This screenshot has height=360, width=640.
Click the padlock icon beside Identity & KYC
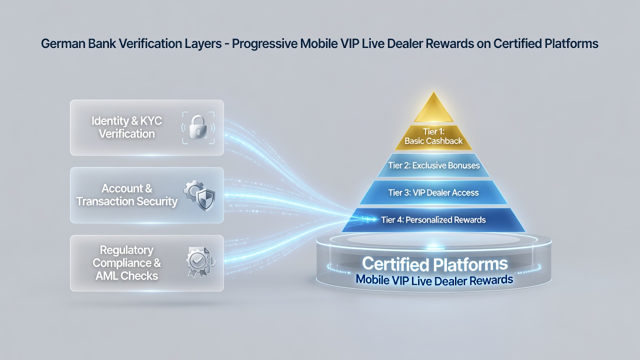tap(198, 127)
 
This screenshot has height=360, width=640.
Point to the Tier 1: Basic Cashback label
tap(433, 136)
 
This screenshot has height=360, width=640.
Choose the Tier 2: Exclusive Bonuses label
tap(433, 165)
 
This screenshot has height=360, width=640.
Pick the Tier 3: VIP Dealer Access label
tap(433, 192)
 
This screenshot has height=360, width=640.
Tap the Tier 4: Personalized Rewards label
tap(433, 219)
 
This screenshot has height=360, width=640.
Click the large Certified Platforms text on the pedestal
tap(435, 264)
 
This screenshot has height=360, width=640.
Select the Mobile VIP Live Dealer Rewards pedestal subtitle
tap(434, 280)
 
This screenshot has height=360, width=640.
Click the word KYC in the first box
tap(151, 121)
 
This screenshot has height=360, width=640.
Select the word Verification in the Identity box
tap(127, 133)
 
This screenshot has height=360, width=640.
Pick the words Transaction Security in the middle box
tap(127, 201)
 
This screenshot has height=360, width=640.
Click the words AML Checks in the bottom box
tap(127, 276)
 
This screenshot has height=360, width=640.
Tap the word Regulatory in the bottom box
tap(127, 250)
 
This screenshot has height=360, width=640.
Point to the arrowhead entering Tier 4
tap(373, 219)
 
